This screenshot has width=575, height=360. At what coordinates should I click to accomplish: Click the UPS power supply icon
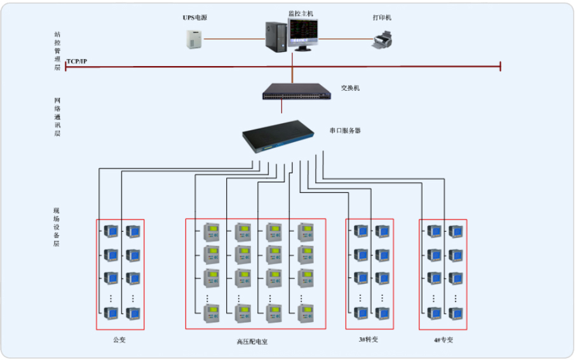tap(193, 39)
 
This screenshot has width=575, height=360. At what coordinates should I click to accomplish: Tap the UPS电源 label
tap(195, 18)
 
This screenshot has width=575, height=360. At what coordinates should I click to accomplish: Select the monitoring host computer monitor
tap(303, 34)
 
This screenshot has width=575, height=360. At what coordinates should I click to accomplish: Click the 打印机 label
tap(382, 18)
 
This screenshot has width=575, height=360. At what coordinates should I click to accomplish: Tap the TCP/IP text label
tap(77, 61)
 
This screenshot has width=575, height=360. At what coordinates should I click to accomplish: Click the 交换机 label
tap(350, 88)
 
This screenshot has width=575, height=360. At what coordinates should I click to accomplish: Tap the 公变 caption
tap(119, 340)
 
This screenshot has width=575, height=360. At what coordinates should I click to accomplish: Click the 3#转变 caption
tap(369, 340)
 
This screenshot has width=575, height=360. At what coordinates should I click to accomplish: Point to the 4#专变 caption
tap(443, 340)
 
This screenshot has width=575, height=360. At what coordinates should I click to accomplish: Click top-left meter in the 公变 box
tap(111, 231)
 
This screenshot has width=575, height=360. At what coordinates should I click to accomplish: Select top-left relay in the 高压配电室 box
tap(211, 232)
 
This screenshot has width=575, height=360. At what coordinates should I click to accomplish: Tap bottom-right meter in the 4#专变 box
tap(456, 312)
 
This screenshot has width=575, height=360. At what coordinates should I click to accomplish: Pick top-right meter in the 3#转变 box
tap(382, 231)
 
